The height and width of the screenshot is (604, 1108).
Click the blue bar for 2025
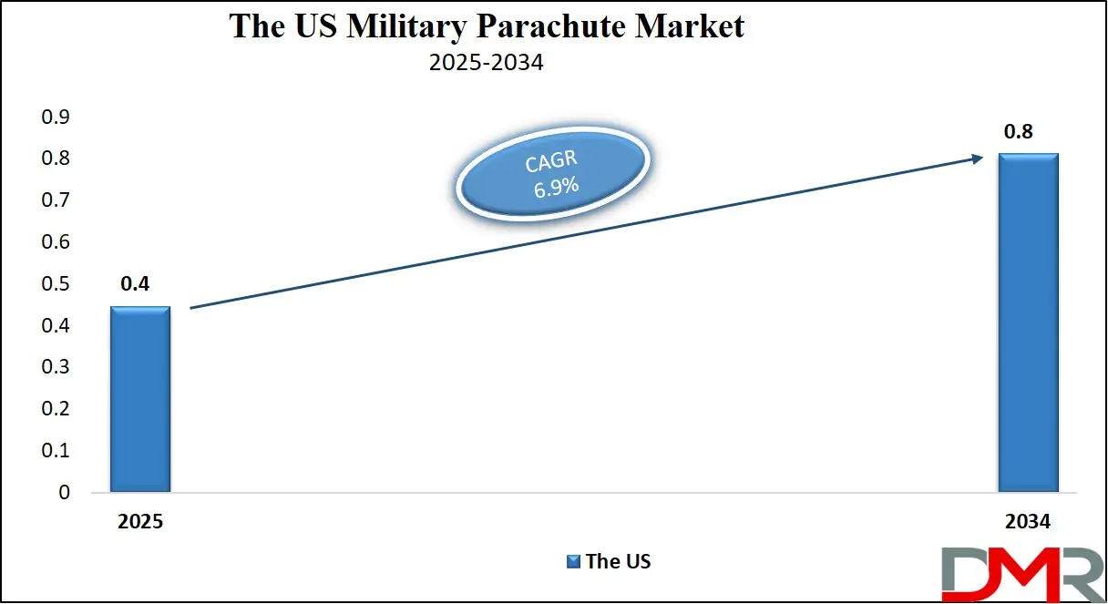tap(139, 399)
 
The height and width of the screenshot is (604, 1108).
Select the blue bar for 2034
tap(1028, 322)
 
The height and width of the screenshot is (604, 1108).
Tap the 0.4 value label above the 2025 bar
tap(135, 283)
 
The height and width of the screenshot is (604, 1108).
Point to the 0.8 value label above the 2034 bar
tap(1018, 132)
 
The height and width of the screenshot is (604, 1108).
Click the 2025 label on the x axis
tap(139, 522)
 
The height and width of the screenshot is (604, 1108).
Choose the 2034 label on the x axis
tap(1028, 522)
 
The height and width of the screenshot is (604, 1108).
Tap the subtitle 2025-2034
tap(487, 64)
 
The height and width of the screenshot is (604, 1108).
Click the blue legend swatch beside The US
tap(573, 561)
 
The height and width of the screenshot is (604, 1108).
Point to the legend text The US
tap(618, 561)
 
